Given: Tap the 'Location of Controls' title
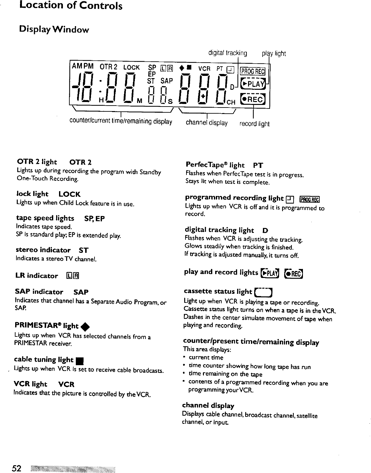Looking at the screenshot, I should [x=71, y=5].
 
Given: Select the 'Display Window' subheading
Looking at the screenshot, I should [x=54, y=29].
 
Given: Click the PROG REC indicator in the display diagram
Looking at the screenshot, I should [x=253, y=71].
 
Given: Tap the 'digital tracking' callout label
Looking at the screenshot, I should [x=227, y=53].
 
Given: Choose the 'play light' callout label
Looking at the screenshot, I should [x=274, y=53].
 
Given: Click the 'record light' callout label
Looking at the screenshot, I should [x=254, y=124].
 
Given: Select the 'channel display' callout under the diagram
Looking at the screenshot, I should [x=206, y=123].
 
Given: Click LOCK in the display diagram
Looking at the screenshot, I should [x=131, y=67].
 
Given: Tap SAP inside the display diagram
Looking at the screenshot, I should [x=167, y=80].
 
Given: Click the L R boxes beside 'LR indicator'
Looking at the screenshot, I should [x=73, y=276].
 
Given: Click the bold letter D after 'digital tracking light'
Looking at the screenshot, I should [x=265, y=231].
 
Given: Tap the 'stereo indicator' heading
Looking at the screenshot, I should [x=43, y=250].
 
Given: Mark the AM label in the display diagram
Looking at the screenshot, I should [x=77, y=66].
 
